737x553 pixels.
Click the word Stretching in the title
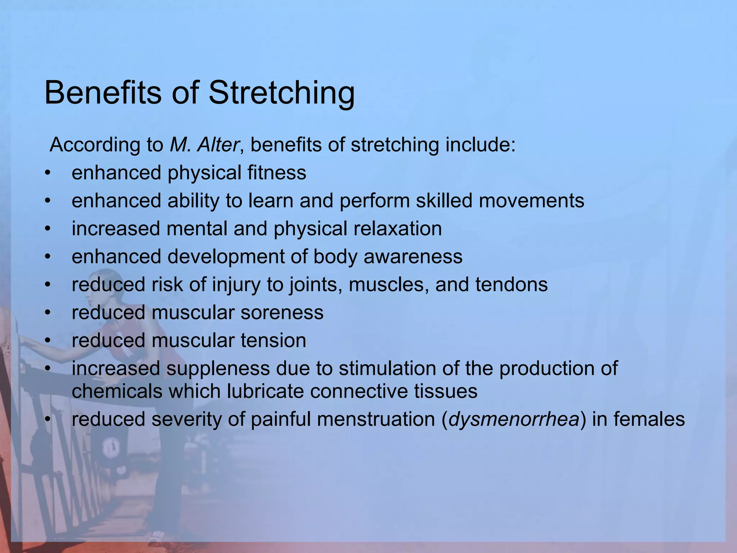(281, 93)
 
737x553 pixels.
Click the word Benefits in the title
(103, 93)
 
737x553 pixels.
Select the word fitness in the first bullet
(277, 172)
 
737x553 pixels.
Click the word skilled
(444, 201)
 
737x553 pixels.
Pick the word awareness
(413, 257)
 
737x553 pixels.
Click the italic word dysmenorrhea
(514, 419)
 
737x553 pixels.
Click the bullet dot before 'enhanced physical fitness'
(48, 173)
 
